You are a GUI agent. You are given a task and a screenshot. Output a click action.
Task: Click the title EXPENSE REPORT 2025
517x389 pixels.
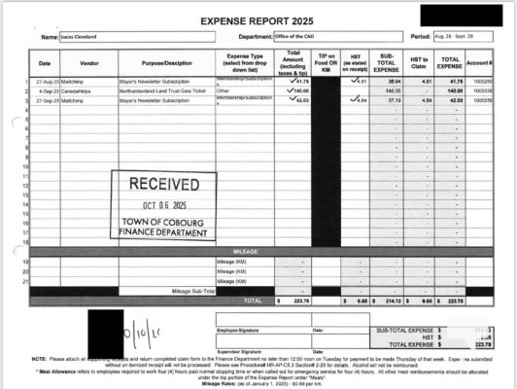(x=258, y=18)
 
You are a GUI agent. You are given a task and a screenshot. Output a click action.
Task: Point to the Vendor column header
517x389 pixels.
(x=89, y=62)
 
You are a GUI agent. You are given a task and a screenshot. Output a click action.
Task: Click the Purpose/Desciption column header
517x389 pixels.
(x=166, y=62)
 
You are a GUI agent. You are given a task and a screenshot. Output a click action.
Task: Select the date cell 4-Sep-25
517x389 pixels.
(x=50, y=89)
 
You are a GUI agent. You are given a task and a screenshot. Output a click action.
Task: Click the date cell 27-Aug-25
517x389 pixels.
(x=50, y=81)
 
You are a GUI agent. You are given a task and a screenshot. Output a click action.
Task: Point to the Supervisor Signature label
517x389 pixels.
(x=237, y=348)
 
